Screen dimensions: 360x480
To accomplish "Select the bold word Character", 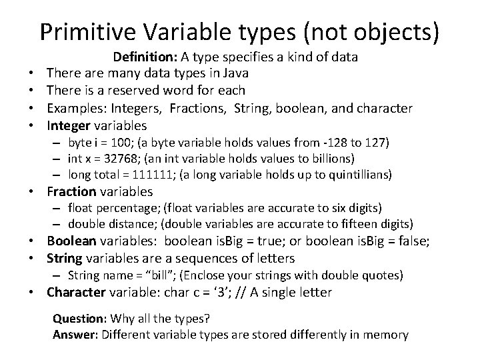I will tap(76, 292).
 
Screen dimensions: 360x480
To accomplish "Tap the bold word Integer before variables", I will tap(69, 125).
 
